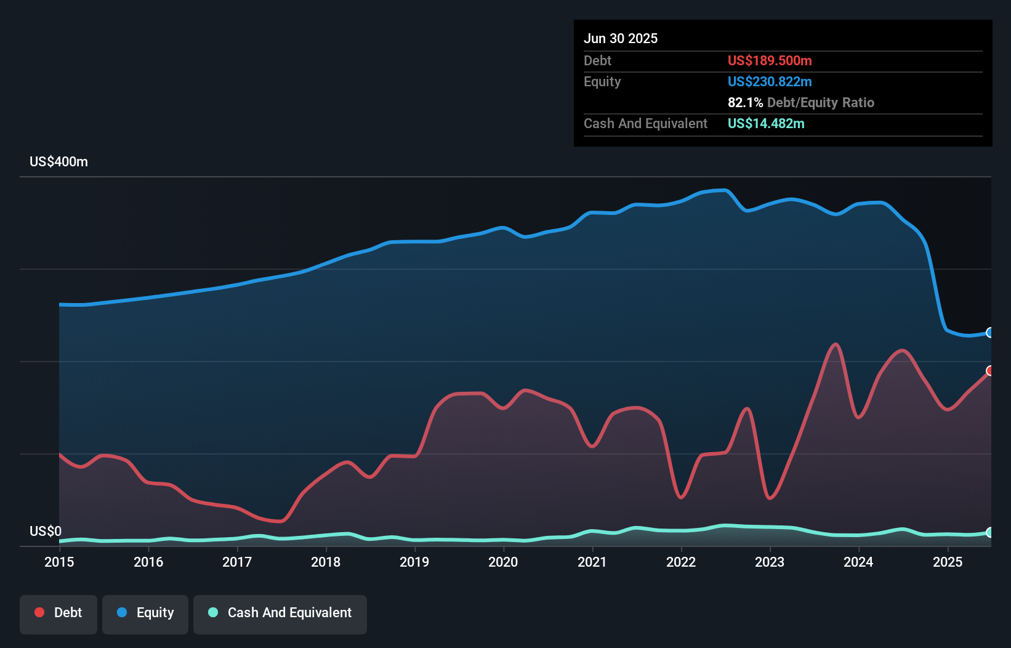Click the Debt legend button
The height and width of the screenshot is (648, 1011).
(58, 614)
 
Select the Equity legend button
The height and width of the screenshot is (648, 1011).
(145, 614)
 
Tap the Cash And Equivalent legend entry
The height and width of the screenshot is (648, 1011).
(280, 614)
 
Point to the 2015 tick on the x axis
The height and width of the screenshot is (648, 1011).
(59, 562)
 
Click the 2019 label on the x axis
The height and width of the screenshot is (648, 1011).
(414, 562)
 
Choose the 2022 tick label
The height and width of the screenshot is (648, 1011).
(681, 562)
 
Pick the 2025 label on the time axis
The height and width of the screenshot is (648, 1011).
(948, 562)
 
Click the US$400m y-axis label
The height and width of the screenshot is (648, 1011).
(59, 162)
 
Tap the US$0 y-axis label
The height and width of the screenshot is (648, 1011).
(46, 531)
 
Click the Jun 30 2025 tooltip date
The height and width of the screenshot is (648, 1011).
(621, 39)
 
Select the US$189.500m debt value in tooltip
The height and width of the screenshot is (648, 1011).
(770, 61)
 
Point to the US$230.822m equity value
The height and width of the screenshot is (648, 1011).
(770, 82)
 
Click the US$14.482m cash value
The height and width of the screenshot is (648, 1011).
(766, 124)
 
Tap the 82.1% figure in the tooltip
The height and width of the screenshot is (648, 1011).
(745, 103)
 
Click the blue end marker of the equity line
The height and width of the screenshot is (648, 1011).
(990, 333)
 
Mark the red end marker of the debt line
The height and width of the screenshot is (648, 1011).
(990, 371)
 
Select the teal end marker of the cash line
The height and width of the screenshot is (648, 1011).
(990, 532)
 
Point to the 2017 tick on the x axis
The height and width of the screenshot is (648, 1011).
(237, 562)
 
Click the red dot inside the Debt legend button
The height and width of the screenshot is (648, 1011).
(39, 612)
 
